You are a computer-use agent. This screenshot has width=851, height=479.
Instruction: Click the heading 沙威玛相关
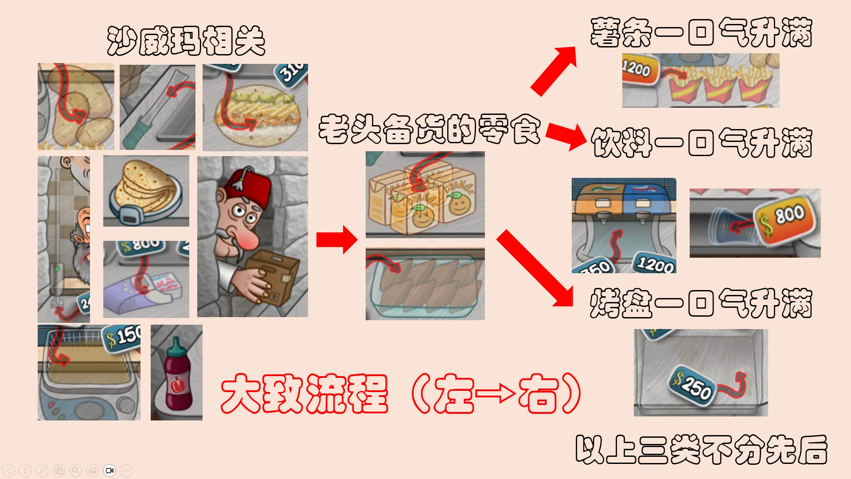186,41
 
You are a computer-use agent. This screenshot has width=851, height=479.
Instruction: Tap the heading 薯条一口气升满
701,32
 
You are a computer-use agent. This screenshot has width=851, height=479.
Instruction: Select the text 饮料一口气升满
701,142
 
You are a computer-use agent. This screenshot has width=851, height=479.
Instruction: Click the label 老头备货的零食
429,129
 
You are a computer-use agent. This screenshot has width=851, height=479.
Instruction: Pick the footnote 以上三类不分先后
701,449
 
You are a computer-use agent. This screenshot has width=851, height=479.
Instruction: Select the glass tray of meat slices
425,284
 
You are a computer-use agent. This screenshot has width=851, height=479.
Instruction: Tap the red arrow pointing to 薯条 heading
554,71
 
